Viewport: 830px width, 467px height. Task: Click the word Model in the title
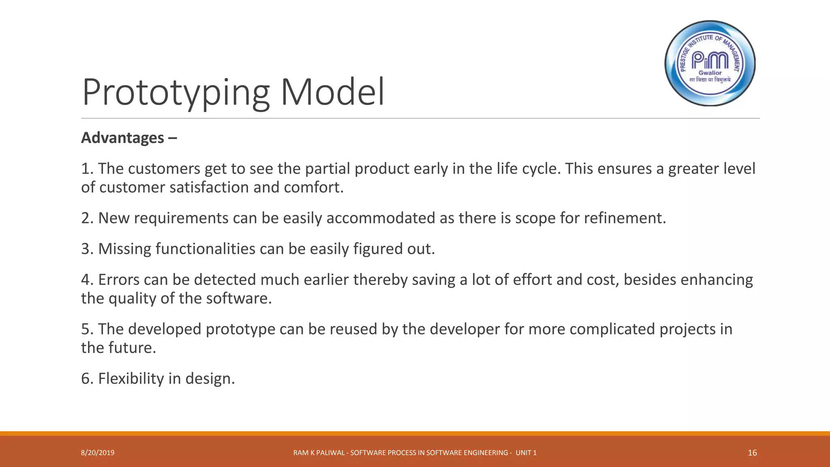point(332,92)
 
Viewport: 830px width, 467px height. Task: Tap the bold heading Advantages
point(122,138)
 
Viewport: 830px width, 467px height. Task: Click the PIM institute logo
point(710,63)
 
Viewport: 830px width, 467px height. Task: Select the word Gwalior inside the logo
point(710,73)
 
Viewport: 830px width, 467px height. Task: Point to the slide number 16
point(752,453)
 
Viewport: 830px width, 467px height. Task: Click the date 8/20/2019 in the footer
point(98,453)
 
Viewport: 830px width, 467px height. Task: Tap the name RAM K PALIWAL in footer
point(319,453)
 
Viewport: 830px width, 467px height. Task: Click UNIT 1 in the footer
point(526,453)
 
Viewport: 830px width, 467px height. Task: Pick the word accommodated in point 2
point(381,218)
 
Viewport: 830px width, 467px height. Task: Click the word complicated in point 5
point(612,329)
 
